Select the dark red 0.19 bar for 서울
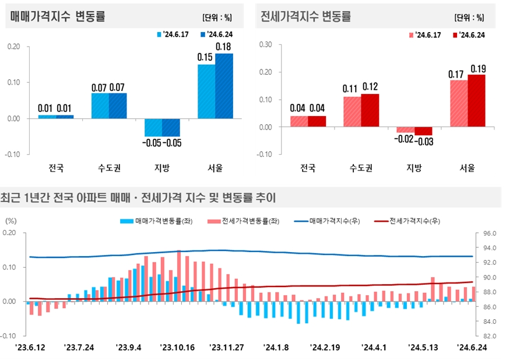click(476, 100)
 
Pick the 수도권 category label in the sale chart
click(109, 168)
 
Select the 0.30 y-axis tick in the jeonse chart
click(265, 44)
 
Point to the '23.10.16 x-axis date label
click(178, 347)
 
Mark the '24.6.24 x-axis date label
click(473, 347)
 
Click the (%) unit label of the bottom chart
click(11, 221)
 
